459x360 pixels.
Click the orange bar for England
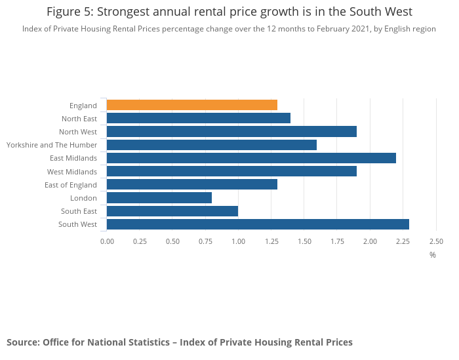191,105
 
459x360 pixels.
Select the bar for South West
258,224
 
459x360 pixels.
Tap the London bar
159,198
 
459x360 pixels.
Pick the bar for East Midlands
251,158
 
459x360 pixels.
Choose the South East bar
172,211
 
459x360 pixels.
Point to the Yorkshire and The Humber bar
211,145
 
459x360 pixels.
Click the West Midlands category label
72,172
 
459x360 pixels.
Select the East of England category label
71,185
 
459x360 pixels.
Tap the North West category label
78,132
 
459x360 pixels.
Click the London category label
83,198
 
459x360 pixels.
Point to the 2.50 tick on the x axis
436,241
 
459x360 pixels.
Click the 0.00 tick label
107,241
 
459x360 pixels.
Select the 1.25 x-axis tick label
271,241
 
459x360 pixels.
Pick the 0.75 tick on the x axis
205,241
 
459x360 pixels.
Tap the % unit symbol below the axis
433,254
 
